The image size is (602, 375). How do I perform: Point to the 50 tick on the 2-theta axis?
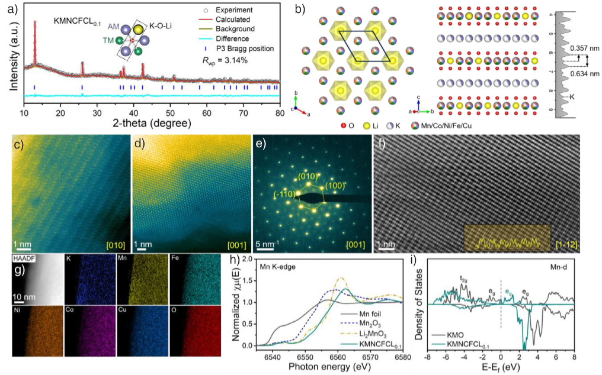click(x=169, y=112)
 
